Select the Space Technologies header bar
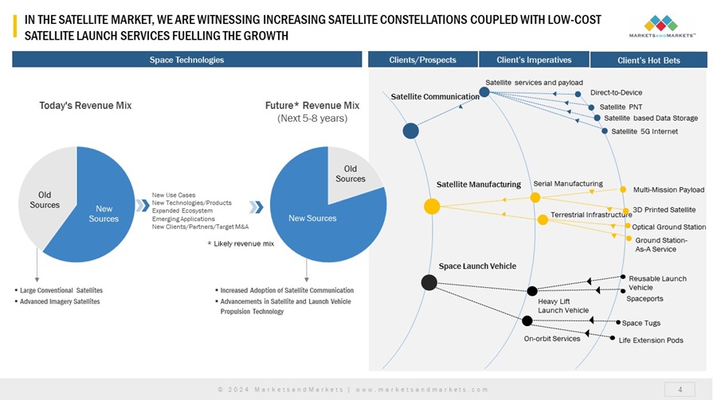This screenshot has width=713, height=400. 187,60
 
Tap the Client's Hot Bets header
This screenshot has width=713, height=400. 648,60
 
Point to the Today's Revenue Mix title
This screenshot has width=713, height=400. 85,105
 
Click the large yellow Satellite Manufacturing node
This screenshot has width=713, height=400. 432,207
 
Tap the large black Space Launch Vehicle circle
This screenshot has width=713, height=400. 429,282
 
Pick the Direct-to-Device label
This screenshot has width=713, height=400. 616,92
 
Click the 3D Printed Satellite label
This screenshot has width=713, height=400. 664,210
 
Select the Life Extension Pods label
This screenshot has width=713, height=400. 651,340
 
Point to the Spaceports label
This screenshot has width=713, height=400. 644,299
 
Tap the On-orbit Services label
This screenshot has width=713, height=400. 552,339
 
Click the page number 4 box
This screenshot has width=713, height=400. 680,389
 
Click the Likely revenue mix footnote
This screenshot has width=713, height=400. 241,243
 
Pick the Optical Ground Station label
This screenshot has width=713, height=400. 669,227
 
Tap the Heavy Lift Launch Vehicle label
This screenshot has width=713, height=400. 562,305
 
